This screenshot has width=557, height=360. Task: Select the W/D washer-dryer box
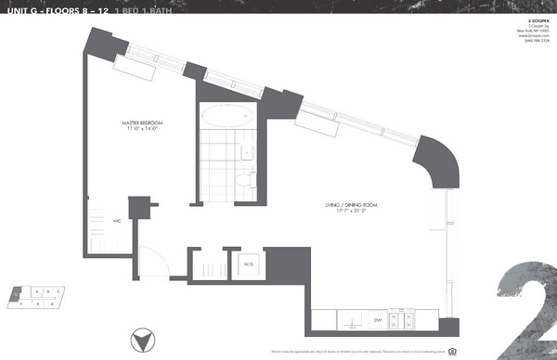(x=249, y=264)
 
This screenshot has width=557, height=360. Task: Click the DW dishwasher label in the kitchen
(x=378, y=319)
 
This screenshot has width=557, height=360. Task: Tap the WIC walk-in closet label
(x=117, y=223)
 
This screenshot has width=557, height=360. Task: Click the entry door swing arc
(x=152, y=263)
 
